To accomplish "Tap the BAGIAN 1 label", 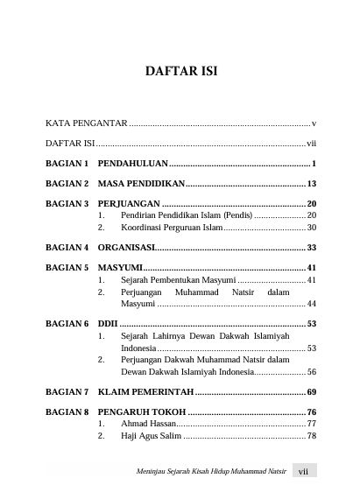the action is coord(67,164).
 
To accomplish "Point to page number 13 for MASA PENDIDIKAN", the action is coord(311,184).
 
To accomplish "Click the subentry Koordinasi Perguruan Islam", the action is coord(172,227).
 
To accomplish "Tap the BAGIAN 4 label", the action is coord(67,247).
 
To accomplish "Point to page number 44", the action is coord(311,303).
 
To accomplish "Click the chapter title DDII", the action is coord(108,323).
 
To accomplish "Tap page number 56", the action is coord(311,371).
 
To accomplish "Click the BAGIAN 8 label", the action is coord(67,411).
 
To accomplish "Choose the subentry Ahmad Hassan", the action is coord(147,424).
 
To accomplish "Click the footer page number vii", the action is coord(304,470).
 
